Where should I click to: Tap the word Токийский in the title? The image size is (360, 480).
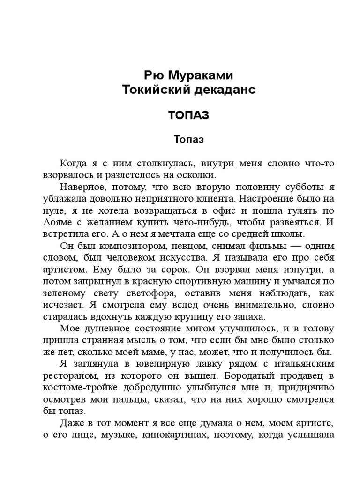[152, 90]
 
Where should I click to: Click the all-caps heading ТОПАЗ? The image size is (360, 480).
[188, 115]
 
